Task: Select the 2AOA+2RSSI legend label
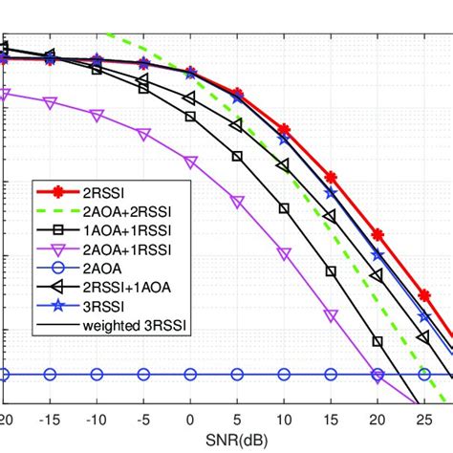point(117,210)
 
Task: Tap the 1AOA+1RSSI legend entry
point(117,230)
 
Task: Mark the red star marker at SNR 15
point(331,178)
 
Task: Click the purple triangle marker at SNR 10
point(284,253)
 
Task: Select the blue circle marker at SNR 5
point(237,374)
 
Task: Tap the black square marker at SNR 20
point(377,341)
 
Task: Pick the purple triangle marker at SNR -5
point(143,135)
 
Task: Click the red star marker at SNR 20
point(377,234)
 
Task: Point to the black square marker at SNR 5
point(237,156)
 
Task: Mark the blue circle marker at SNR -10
point(97,374)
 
